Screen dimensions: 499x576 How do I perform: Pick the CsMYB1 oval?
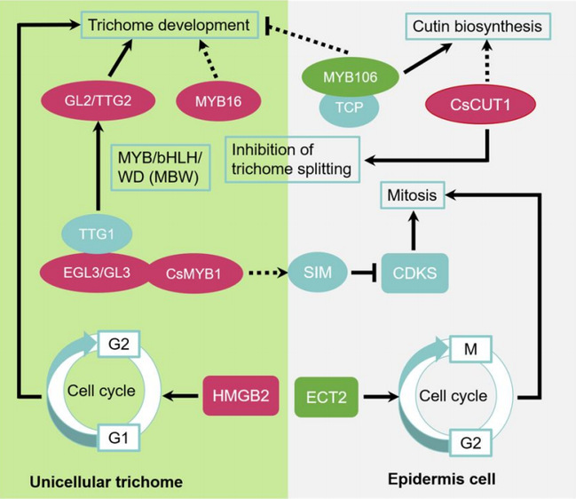190,272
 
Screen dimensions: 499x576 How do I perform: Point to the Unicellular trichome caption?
106,481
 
